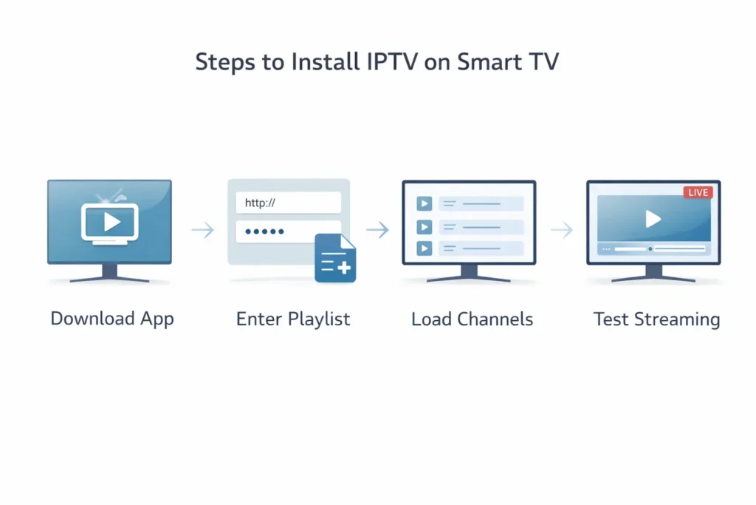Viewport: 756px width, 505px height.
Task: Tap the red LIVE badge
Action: pos(697,192)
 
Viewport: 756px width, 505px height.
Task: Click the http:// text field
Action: pos(288,203)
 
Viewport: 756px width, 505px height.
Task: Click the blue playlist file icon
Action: pos(335,258)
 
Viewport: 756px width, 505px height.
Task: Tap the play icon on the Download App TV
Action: pos(109,222)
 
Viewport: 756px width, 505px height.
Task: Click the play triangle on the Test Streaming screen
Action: pos(653,218)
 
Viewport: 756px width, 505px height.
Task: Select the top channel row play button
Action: pos(425,203)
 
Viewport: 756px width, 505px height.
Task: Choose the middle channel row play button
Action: pos(425,226)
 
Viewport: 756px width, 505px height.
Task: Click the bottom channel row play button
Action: pos(425,249)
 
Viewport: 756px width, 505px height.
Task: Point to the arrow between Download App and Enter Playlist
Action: pos(202,231)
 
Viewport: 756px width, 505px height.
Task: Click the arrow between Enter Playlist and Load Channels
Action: pos(377,231)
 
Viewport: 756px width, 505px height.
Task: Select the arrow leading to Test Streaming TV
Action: pos(562,231)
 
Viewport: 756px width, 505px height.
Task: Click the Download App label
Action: pos(112,319)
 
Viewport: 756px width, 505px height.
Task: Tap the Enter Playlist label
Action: pos(293,319)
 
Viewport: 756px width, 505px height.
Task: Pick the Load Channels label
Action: pos(472,319)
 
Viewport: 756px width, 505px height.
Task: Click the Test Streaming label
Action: pos(656,319)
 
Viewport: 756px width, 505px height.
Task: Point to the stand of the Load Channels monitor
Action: pos(469,274)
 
